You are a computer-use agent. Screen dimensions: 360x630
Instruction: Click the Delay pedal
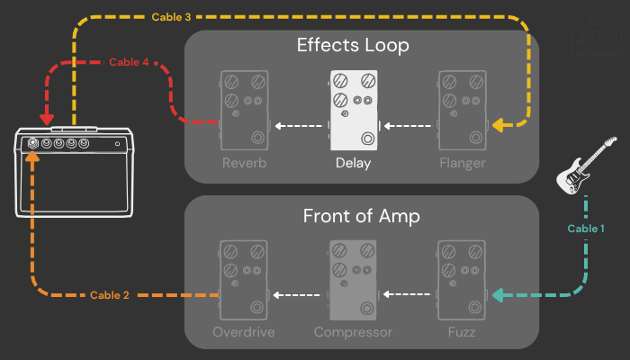[x=354, y=110]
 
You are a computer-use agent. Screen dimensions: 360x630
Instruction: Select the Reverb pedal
[x=244, y=110]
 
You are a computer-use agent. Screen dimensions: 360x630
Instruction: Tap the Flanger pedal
[x=463, y=110]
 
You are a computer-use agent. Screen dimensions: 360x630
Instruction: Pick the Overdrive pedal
[x=244, y=279]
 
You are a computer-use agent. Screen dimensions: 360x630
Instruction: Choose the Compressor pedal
[x=354, y=279]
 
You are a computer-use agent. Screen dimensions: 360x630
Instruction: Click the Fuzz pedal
[x=463, y=279]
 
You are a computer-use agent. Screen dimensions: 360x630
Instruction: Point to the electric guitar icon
[x=588, y=166]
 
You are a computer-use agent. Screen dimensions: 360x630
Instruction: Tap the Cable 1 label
[x=586, y=229]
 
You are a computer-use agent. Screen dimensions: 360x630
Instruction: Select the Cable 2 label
[x=110, y=295]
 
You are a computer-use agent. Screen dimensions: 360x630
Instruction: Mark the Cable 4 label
[x=129, y=62]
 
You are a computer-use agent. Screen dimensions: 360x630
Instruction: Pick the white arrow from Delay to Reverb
[x=299, y=126]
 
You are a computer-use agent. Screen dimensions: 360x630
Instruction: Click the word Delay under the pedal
[x=353, y=163]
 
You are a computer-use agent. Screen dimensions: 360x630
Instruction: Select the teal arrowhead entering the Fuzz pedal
[x=499, y=294]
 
